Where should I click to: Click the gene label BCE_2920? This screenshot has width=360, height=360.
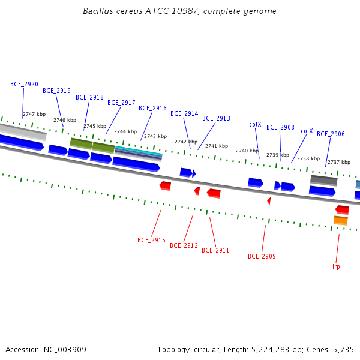(24, 84)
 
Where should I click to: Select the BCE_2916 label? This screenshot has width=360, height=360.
(152, 108)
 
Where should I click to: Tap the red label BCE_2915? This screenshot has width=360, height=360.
(151, 240)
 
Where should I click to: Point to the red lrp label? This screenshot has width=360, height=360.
(336, 266)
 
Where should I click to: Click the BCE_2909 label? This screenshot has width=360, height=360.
(262, 256)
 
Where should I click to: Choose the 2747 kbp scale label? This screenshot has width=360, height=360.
(34, 114)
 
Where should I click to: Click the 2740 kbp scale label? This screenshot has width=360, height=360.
(247, 151)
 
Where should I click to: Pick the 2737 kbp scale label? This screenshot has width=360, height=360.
(339, 162)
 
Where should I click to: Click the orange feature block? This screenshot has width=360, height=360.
(341, 220)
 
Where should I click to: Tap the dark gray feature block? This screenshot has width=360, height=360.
(324, 180)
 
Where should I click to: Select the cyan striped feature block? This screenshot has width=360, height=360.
(139, 153)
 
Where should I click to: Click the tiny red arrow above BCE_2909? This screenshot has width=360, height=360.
(269, 201)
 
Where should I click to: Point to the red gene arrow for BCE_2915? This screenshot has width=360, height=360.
(166, 186)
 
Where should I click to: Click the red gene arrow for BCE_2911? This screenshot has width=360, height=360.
(214, 193)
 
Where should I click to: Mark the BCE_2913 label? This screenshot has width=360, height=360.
(216, 118)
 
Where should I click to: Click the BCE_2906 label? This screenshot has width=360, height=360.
(331, 134)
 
